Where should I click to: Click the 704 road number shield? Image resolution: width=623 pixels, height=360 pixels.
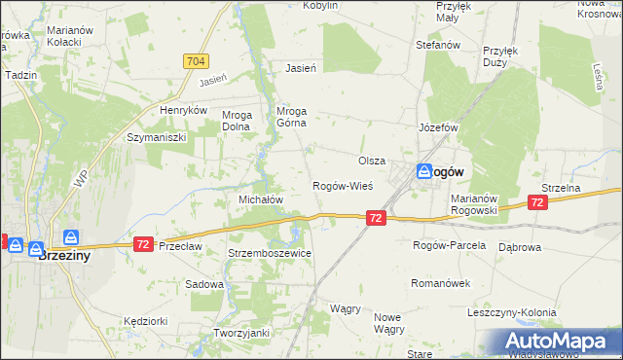(x=195, y=61)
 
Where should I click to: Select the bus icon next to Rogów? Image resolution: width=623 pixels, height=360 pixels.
(x=425, y=171)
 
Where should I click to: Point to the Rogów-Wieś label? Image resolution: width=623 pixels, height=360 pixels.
(x=342, y=186)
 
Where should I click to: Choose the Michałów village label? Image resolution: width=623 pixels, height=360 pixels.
(x=261, y=198)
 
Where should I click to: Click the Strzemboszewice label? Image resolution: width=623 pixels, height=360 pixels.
(x=270, y=253)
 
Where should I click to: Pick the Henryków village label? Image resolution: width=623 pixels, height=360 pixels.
(x=185, y=111)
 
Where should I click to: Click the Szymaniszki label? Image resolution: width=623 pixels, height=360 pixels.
(x=156, y=138)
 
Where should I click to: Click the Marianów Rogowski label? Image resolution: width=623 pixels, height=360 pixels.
(x=475, y=204)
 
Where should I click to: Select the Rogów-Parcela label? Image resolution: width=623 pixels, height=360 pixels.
(x=449, y=245)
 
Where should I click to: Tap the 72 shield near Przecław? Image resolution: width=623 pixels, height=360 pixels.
(x=143, y=243)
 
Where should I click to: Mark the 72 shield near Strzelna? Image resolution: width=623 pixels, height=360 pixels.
(x=536, y=201)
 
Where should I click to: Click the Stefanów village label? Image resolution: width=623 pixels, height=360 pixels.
(x=437, y=45)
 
